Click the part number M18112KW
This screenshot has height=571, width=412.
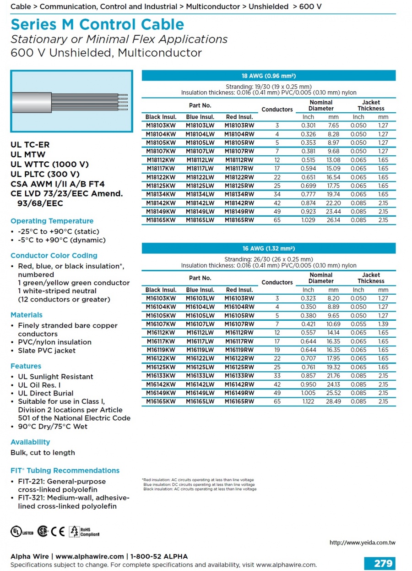pos(160,160)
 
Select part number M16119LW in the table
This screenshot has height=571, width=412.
pos(200,350)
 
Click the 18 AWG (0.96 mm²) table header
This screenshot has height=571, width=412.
pos(268,76)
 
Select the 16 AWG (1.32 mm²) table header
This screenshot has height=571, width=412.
pos(268,248)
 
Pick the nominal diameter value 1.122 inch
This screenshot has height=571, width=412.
pos(308,401)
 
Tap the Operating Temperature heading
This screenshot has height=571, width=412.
pos(52,221)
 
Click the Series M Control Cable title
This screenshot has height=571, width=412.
pos(97,24)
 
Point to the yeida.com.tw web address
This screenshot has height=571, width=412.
pos(362,543)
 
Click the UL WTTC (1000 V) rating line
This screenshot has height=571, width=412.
pos(49,164)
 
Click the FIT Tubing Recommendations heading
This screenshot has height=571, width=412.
pos(65,471)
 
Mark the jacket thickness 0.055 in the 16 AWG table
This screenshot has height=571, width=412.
pos(358,324)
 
